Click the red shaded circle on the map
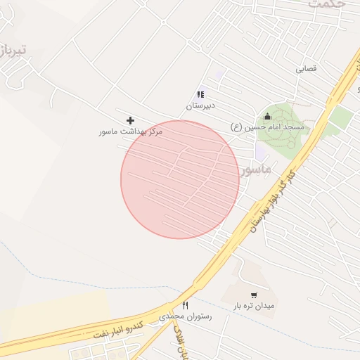coord(180,179)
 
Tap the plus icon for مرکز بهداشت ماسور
coord(130,121)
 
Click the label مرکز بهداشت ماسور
coord(131,131)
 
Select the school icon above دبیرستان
coord(200,94)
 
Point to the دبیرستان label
coord(200,105)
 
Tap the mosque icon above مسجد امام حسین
coord(267,116)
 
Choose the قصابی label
coord(306,70)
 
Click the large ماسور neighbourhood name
coord(254,170)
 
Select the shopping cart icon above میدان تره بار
coord(254,295)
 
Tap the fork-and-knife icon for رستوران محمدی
coord(185,305)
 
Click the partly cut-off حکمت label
coord(327,4)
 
